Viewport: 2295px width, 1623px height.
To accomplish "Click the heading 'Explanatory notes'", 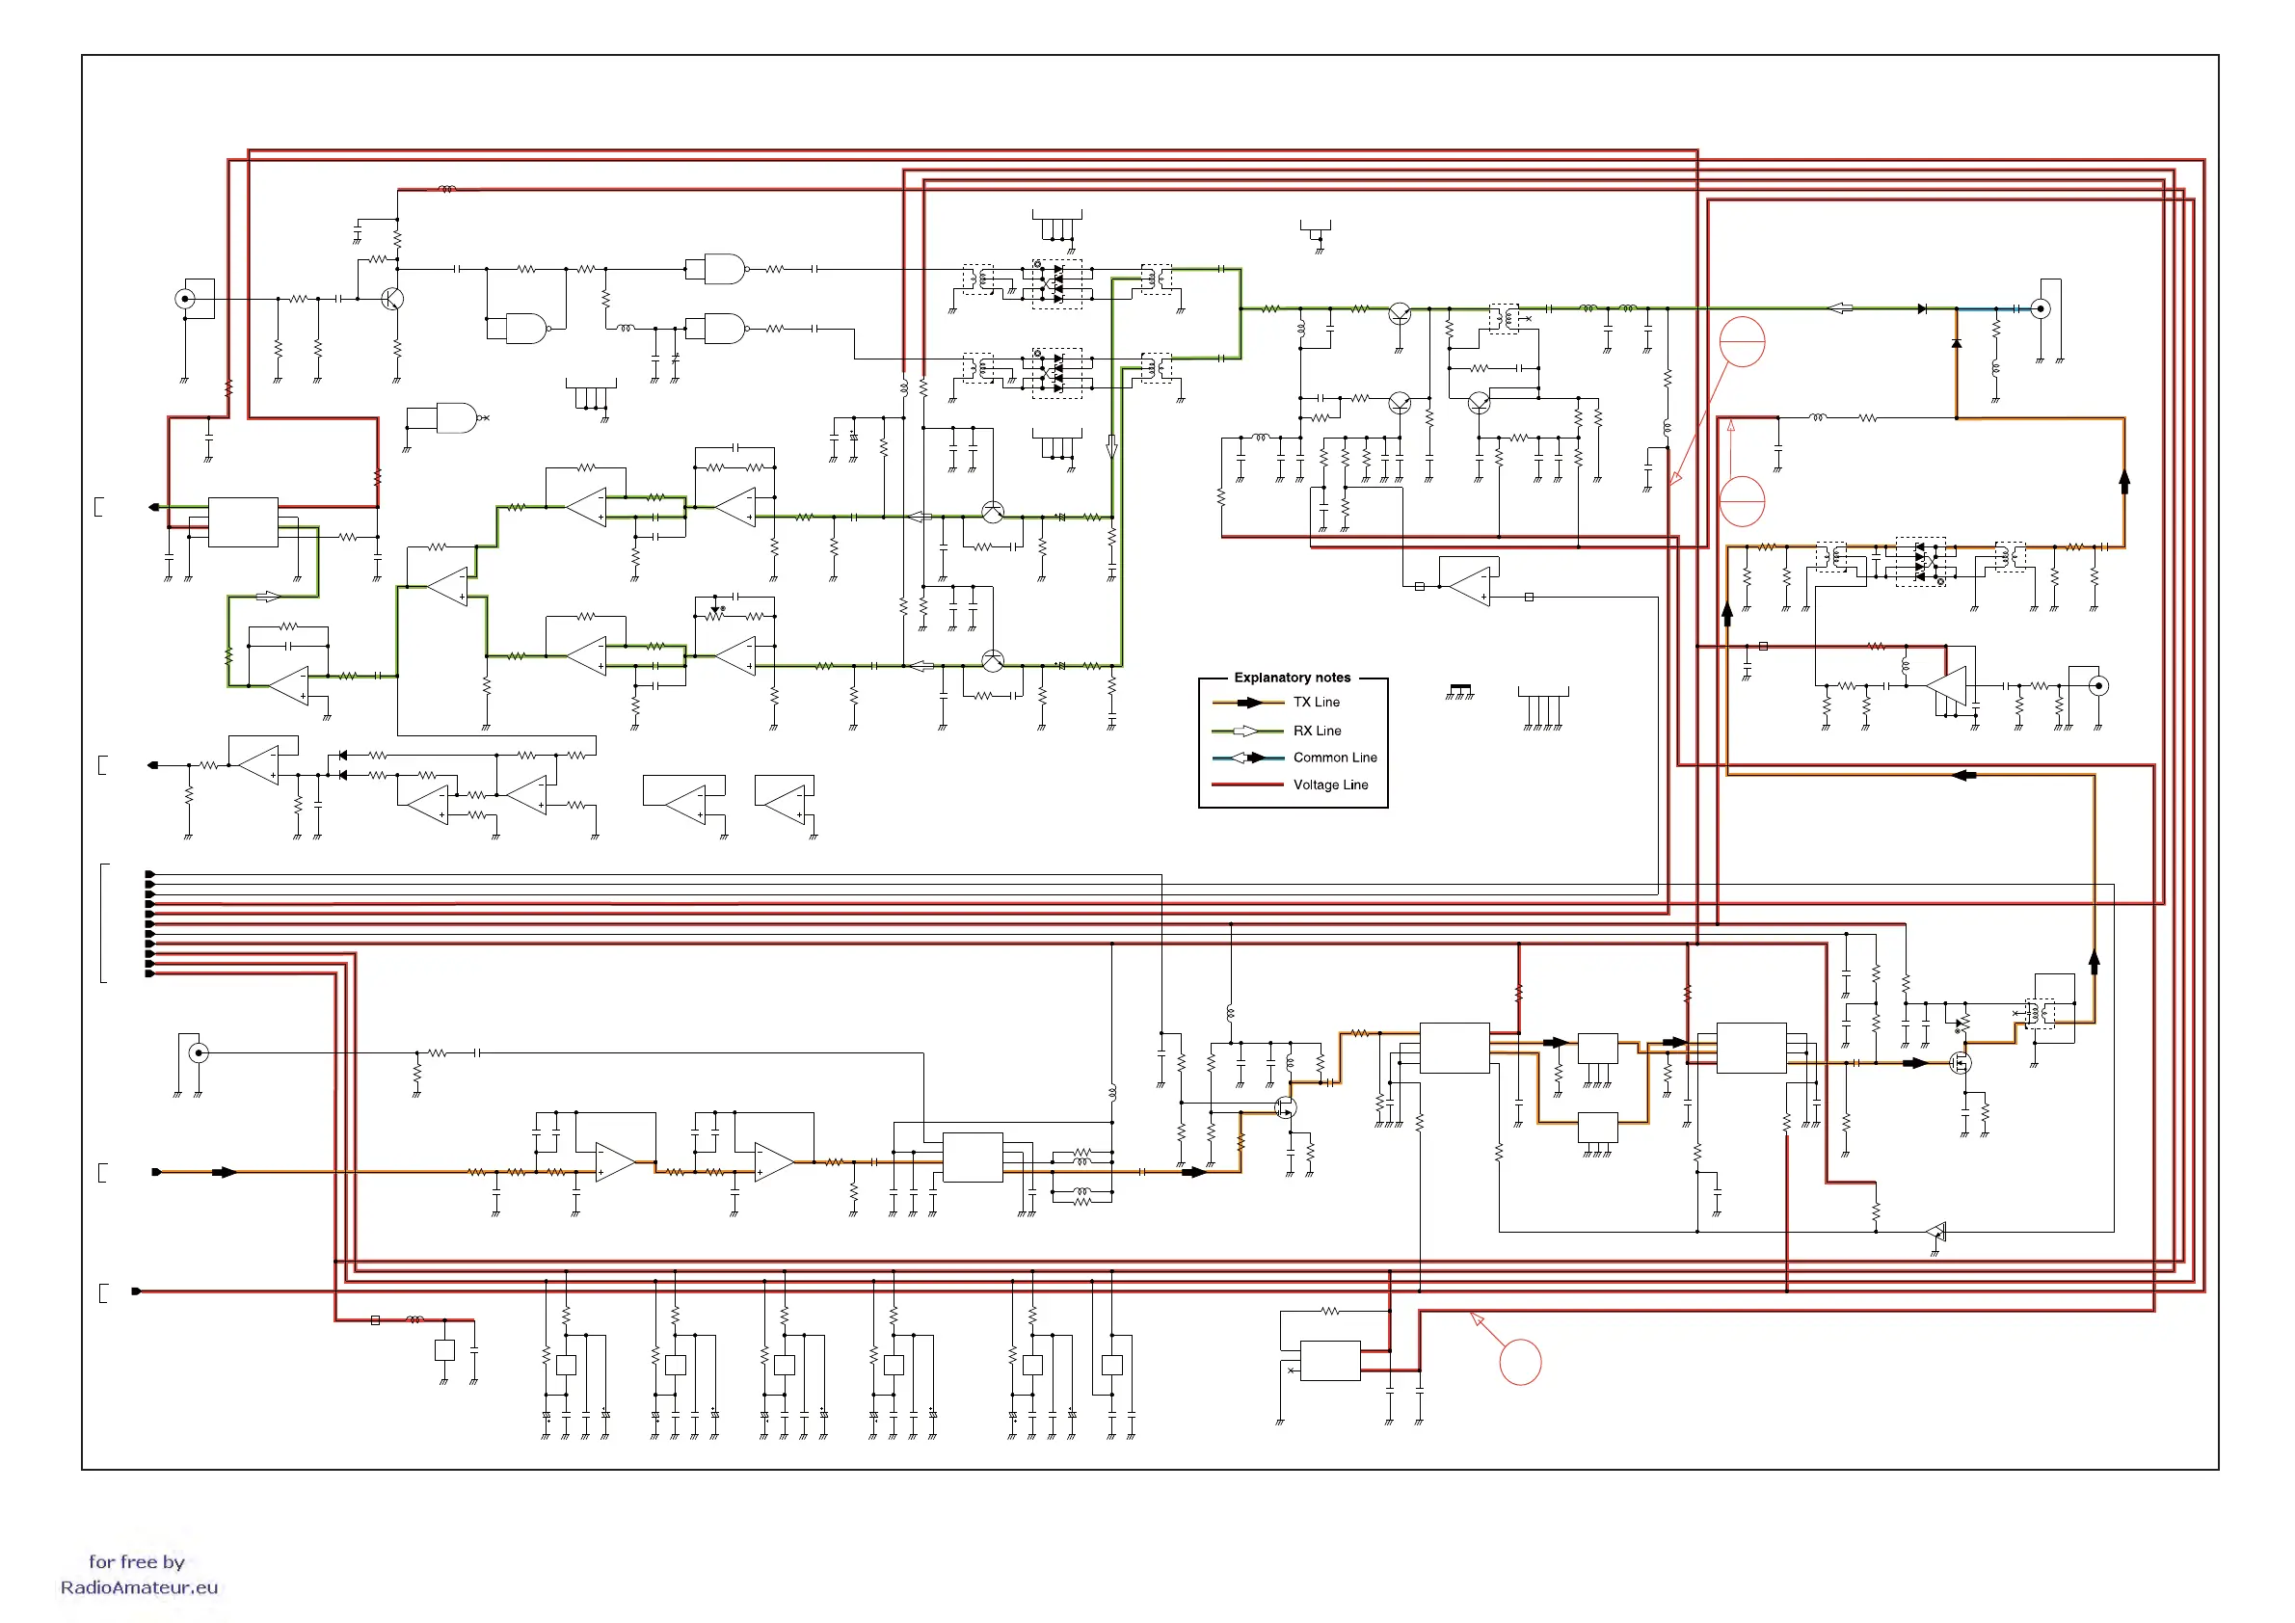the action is coord(1292,678).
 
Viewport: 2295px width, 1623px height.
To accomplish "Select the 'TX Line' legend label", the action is coord(1316,703).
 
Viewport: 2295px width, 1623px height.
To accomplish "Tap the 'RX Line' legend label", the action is coord(1317,731).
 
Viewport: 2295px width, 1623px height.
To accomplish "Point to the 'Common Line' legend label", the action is coord(1334,758).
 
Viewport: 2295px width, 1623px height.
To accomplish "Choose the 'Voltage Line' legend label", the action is coord(1329,785).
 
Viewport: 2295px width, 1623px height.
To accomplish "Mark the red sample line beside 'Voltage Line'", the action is coord(1246,785).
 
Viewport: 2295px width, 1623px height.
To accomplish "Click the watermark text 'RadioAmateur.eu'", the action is coord(139,1587).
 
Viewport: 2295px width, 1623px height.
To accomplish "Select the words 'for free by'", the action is coord(137,1561).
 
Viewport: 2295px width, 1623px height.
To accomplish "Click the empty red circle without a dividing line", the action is coord(1519,1361).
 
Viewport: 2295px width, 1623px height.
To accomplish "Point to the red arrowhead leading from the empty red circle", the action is coord(1476,1318).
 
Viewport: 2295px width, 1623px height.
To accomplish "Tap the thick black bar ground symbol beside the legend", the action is coord(1459,688).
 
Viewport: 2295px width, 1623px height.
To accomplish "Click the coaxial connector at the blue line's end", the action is coord(2041,308).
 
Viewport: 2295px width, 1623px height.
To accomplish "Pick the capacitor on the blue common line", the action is coord(2016,308).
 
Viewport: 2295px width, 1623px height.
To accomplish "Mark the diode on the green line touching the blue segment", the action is coord(1922,308).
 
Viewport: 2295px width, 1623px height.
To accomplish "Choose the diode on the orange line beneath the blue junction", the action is coord(1956,344).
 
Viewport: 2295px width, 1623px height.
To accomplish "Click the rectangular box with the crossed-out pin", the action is coord(1329,1360).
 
